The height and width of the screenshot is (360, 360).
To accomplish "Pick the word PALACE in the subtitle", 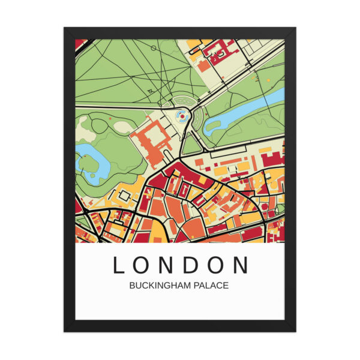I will pyautogui.click(x=209, y=286).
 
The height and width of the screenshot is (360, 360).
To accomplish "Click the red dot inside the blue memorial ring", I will pyautogui.click(x=183, y=116).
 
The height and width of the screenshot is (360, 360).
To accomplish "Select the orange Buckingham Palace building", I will pyautogui.click(x=151, y=142).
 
